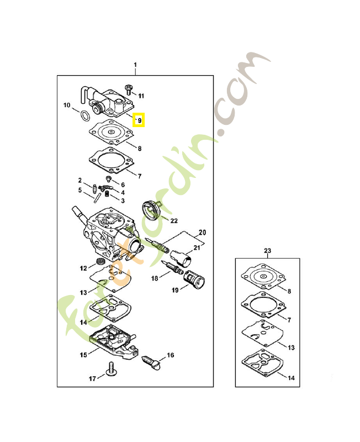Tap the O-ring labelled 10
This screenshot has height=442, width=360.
click(83, 116)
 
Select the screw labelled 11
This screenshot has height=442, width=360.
click(130, 88)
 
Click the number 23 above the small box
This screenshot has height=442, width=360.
click(268, 251)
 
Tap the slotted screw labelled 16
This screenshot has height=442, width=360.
click(150, 361)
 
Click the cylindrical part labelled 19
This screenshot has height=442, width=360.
click(194, 278)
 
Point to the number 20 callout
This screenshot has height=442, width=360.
click(202, 231)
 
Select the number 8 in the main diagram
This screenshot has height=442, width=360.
click(140, 148)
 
